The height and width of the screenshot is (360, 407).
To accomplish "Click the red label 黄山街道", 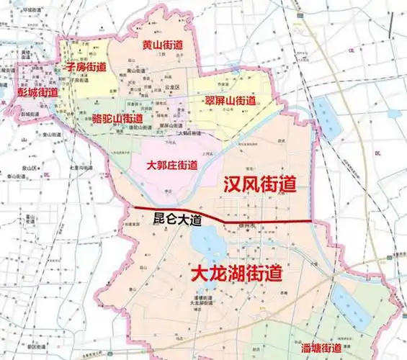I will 161,45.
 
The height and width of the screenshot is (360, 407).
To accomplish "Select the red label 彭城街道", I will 37,93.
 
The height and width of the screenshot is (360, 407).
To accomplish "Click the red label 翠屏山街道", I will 230,100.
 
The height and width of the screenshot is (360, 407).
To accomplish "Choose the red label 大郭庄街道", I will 171,165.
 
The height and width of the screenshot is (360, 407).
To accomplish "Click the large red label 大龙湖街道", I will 236,273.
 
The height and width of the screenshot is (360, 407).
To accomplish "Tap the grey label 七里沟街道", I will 80,168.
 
